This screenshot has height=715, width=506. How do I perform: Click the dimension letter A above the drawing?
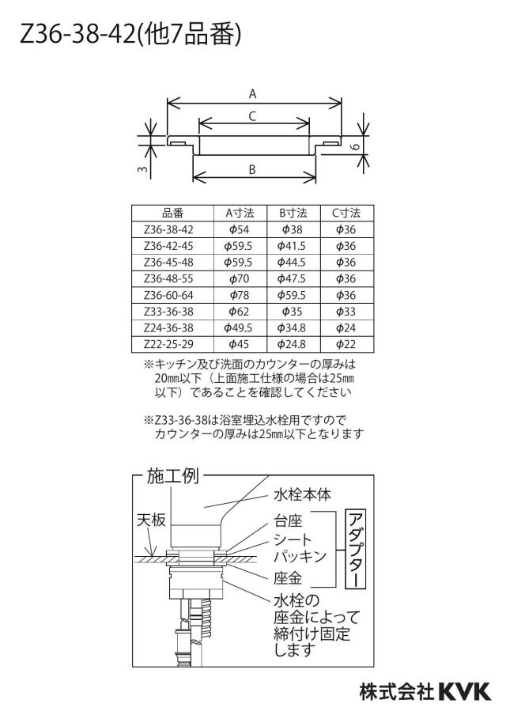pos(252,94)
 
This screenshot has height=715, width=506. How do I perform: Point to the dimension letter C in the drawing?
pos(252,117)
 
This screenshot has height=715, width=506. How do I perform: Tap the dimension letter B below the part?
pos(252,169)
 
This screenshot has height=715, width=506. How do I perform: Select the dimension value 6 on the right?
pos(357,147)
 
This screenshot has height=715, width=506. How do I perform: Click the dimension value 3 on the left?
pos(143,169)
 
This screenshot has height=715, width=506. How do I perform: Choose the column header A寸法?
pos(240,213)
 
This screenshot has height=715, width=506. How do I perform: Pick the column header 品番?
pos(172,213)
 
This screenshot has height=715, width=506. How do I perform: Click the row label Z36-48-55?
pos(168,278)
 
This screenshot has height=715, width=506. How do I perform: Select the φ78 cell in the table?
pos(240,295)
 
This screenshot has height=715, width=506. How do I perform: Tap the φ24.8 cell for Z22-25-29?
pos(292,344)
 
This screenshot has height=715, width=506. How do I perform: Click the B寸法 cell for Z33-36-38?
pos(293,312)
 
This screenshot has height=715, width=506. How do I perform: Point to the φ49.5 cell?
pos(239,328)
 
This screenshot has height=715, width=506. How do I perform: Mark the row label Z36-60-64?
pos(168,295)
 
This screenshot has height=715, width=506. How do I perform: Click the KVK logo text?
pos(464,692)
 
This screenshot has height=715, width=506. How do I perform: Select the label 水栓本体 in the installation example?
pos(302,495)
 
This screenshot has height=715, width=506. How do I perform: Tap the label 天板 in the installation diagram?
pos(151,520)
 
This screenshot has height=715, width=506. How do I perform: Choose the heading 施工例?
pos(173,476)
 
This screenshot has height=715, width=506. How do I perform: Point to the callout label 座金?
pos(288,578)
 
